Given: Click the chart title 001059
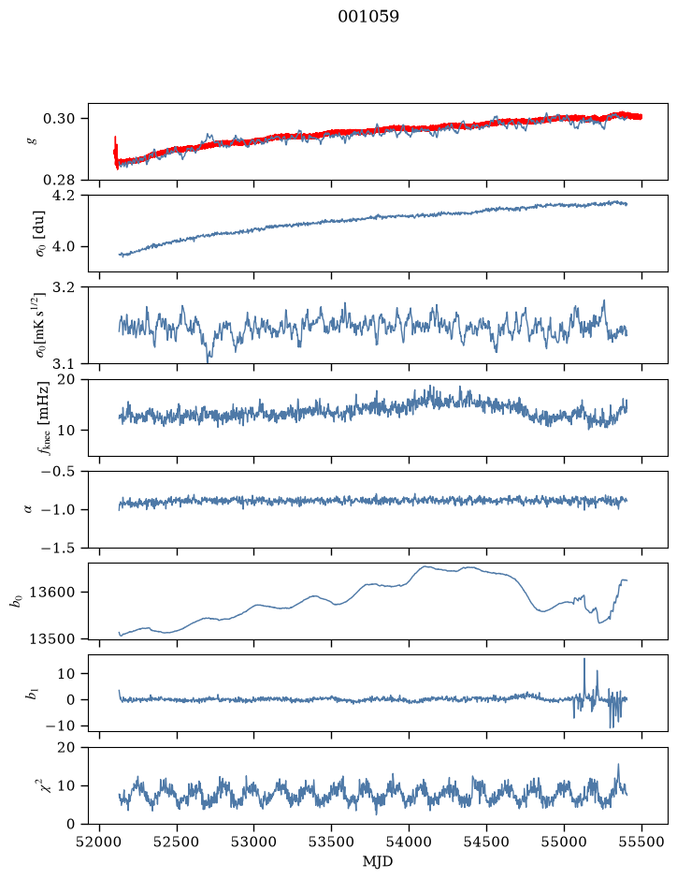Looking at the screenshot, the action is pyautogui.click(x=367, y=17).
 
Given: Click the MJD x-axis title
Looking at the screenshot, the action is pyautogui.click(x=378, y=861).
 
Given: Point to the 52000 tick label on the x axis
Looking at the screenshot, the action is pyautogui.click(x=100, y=842).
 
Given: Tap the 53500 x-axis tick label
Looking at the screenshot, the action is pyautogui.click(x=332, y=842).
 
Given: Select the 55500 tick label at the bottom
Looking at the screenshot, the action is pyautogui.click(x=641, y=842).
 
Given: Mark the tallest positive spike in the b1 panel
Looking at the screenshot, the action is pyautogui.click(x=584, y=659).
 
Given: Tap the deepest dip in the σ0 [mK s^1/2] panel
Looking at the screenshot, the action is pyautogui.click(x=209, y=361).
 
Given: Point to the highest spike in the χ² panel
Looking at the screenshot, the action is pyautogui.click(x=618, y=765).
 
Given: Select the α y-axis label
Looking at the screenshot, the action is pyautogui.click(x=30, y=509).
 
